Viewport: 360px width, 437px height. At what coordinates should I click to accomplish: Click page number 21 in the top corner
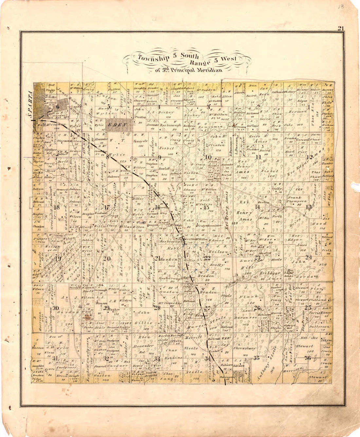tap(340, 28)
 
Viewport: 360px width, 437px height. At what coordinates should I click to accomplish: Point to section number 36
tap(308, 358)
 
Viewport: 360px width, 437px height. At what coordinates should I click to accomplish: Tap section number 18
tap(57, 207)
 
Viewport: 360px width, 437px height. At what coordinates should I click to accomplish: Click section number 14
tap(258, 207)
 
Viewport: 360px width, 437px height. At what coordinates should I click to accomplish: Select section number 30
tap(56, 308)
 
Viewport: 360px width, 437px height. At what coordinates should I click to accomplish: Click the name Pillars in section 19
tap(42, 239)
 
